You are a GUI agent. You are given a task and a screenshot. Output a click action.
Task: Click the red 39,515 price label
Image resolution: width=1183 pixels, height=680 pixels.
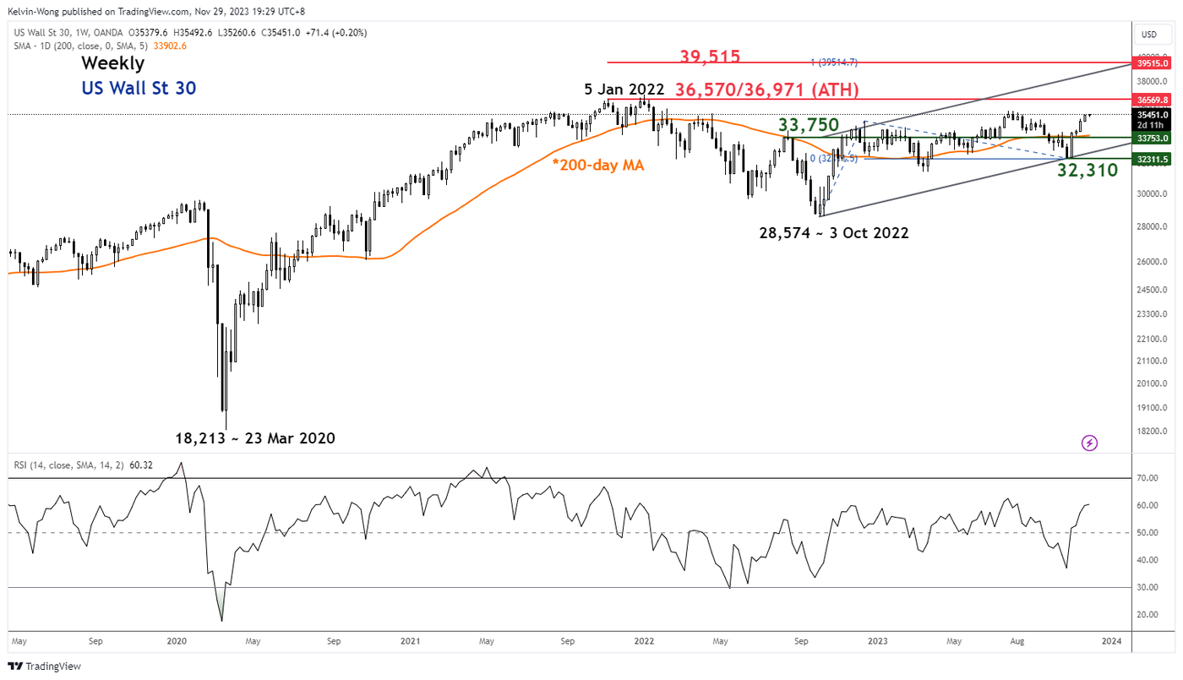coord(710,57)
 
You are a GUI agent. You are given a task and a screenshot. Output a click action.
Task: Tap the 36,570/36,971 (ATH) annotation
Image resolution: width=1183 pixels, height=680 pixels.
coord(767,90)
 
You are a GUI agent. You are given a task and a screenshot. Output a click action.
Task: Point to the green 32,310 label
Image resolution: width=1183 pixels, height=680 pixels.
coord(1088,171)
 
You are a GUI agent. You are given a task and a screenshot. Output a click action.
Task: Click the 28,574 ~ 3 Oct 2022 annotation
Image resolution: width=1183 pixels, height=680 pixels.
coord(834,232)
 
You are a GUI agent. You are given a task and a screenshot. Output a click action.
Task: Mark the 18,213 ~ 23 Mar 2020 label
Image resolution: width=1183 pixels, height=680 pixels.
coord(255,438)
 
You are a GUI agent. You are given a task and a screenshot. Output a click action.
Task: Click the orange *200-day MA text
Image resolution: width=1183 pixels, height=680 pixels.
coord(598,166)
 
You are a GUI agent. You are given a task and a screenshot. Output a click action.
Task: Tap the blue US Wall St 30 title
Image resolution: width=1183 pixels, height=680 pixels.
coord(139,88)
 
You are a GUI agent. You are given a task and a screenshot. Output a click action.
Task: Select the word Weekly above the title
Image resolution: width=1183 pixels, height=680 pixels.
coord(112,63)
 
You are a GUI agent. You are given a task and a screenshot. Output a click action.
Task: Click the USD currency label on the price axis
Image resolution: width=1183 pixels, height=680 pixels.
coord(1148,35)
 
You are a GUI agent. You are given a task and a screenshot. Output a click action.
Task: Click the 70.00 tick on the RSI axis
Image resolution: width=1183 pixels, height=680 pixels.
coord(1147,478)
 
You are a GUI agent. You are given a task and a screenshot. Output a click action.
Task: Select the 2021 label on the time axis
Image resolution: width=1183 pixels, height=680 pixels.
coord(410,641)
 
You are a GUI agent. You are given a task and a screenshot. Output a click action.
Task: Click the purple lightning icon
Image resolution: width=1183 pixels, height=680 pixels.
coord(1089,443)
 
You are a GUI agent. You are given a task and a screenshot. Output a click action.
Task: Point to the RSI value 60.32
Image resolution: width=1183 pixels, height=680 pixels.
coord(141,464)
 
